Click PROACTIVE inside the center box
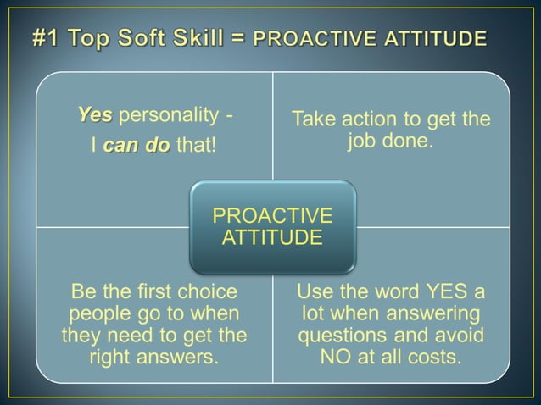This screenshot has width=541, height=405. [x=272, y=214]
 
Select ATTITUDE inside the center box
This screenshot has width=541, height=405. [x=272, y=236]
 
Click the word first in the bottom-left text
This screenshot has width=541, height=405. [x=153, y=293]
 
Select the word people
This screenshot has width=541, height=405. [x=94, y=314]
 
